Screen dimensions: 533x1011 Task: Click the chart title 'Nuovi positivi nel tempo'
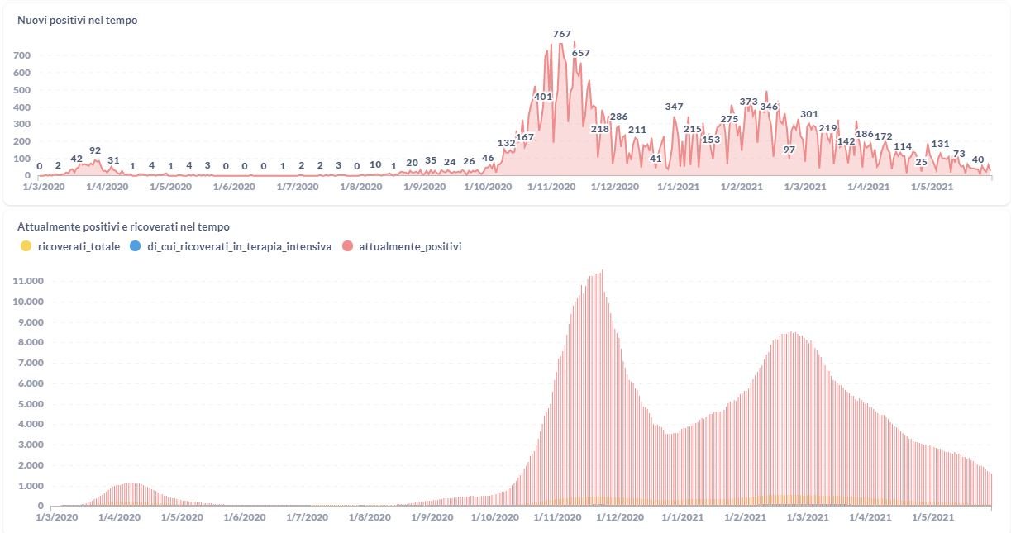[78, 21]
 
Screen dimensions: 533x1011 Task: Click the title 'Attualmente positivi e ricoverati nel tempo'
[123, 226]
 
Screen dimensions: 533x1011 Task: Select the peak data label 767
[561, 34]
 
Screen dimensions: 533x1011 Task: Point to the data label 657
[580, 53]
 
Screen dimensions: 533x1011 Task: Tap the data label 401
[543, 97]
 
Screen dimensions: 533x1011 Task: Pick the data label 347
[674, 107]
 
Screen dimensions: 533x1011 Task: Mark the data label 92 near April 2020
[95, 150]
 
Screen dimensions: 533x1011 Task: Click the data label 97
[789, 150]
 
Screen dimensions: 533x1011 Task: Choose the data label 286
[618, 117]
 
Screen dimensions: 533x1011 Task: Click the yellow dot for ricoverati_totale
[26, 246]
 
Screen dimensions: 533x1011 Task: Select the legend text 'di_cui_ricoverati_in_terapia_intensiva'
[239, 246]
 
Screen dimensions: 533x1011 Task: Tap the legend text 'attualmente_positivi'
[410, 246]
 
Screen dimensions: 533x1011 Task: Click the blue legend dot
[135, 246]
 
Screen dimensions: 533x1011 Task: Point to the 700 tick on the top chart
[22, 55]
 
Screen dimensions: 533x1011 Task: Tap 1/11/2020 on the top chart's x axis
[551, 188]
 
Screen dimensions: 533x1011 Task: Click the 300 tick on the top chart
[22, 124]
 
